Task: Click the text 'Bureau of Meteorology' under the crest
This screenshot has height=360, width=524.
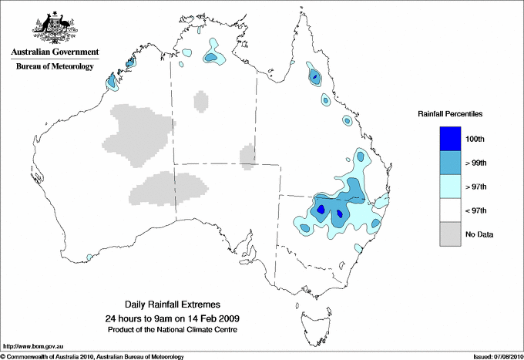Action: tap(54, 67)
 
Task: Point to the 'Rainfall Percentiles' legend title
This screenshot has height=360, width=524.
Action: tap(450, 113)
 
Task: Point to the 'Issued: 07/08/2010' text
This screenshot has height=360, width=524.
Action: tap(497, 356)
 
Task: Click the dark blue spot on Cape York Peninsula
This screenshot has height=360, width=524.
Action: tap(314, 76)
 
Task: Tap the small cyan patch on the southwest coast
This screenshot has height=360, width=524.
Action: tap(90, 257)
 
